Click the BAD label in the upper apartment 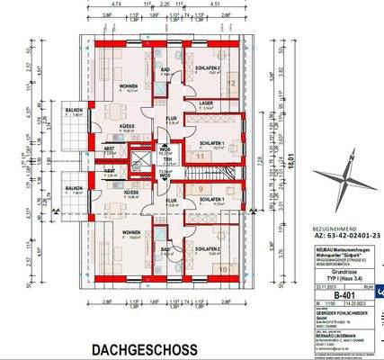coord(165,68)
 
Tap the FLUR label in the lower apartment coord(171,201)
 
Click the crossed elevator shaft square coord(138,163)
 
